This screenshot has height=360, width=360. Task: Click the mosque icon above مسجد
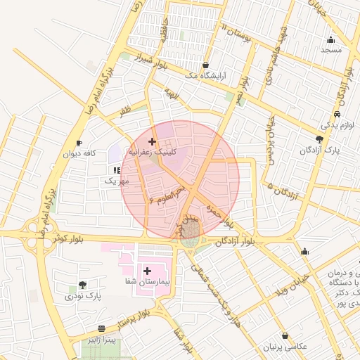tap(330, 39)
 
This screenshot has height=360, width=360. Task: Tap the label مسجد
tap(330, 50)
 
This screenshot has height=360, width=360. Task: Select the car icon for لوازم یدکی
tap(337, 114)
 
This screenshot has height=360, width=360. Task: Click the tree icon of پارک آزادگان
tap(320, 139)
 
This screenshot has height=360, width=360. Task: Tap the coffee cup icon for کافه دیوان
tap(79, 142)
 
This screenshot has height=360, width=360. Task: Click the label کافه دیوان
tap(79, 153)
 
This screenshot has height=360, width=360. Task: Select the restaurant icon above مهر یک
tap(116, 170)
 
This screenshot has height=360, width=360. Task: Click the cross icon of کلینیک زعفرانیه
tap(152, 141)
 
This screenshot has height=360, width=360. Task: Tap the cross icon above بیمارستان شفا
tap(147, 270)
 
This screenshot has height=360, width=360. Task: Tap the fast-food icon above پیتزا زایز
tap(103, 328)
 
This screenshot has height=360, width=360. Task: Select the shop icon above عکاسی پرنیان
tap(285, 335)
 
